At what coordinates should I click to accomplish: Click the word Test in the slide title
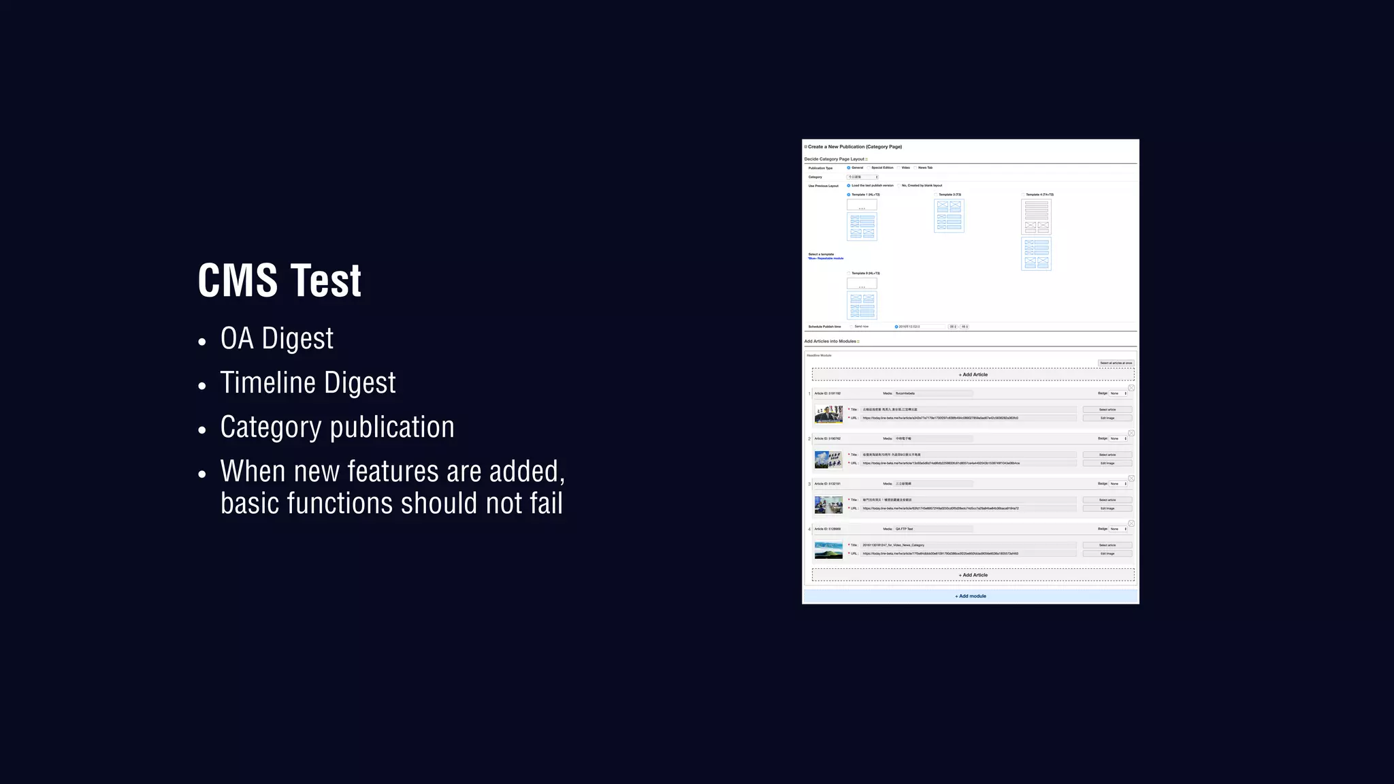[325, 280]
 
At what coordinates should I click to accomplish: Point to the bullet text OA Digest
[276, 339]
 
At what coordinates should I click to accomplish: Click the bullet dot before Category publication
[202, 431]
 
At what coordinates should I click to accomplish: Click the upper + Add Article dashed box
[973, 374]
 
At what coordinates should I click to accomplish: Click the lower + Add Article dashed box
[973, 575]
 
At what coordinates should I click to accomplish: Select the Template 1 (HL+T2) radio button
[848, 195]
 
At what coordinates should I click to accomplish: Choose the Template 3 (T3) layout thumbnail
[949, 216]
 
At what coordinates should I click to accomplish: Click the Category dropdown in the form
[862, 177]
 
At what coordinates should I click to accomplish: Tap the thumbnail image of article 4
[828, 549]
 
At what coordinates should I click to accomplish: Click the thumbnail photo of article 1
[828, 414]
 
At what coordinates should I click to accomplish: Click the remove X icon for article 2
[1131, 433]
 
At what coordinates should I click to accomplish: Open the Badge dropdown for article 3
[1118, 484]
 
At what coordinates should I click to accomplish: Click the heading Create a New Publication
[854, 146]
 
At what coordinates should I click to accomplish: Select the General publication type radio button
[849, 167]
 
